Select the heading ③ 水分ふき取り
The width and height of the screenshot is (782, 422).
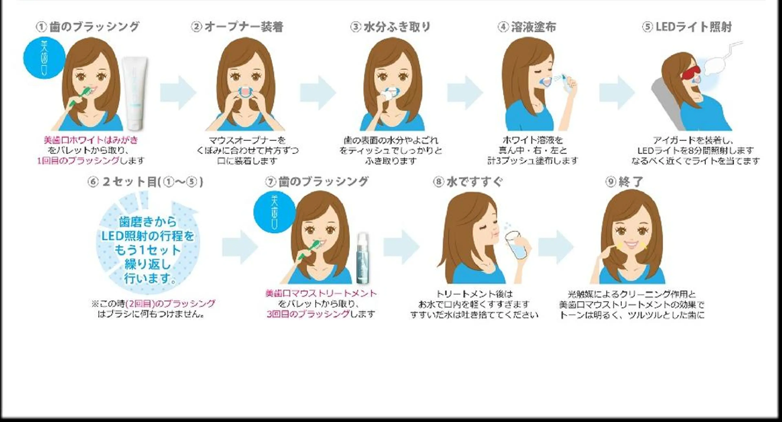390,27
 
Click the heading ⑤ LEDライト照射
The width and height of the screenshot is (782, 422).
687,27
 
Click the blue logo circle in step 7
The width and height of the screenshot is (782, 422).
274,212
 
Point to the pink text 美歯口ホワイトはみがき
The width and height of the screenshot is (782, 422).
91,140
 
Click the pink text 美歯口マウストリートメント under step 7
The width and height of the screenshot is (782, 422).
321,293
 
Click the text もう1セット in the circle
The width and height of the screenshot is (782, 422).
147,250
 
